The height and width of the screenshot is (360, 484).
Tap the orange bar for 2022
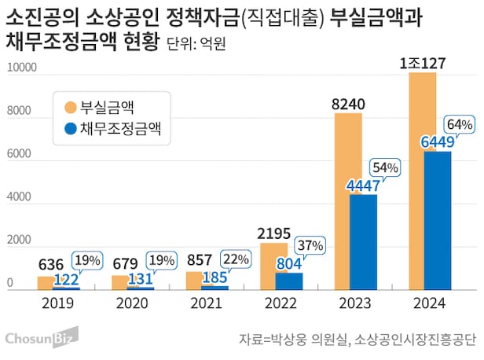(274, 267)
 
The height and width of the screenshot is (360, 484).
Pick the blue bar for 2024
(438, 224)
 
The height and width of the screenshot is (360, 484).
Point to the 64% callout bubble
(458, 124)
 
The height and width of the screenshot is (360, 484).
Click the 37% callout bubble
(310, 245)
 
